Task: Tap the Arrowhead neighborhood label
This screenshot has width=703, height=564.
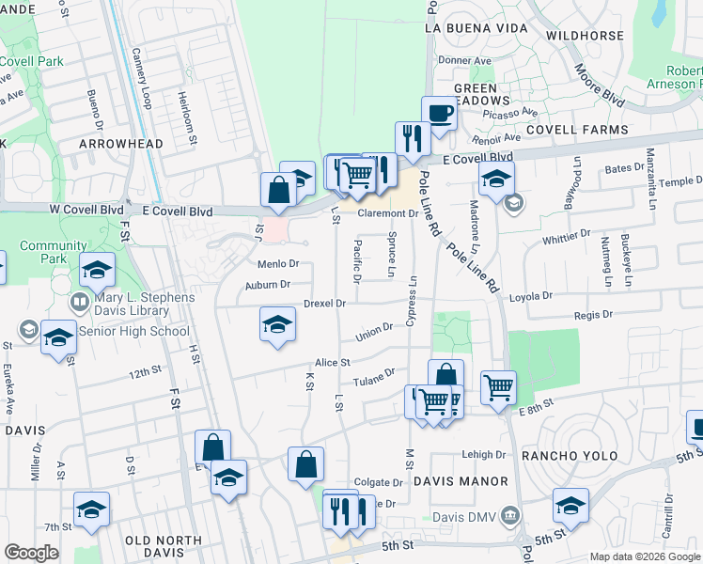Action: pyautogui.click(x=120, y=144)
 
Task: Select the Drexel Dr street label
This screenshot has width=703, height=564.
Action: pyautogui.click(x=325, y=304)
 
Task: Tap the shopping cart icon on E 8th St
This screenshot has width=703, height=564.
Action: pyautogui.click(x=497, y=385)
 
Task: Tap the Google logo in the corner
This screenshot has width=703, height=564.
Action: pyautogui.click(x=31, y=553)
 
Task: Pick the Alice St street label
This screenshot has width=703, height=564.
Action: pyautogui.click(x=333, y=362)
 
